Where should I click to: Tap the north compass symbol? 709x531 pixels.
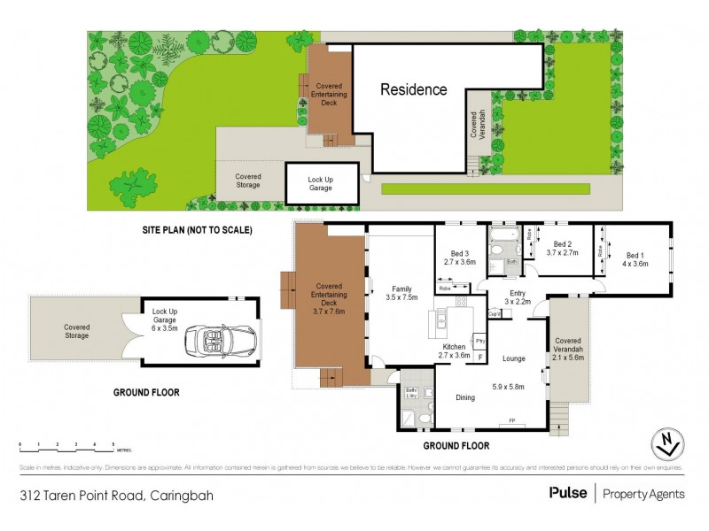click(x=668, y=442)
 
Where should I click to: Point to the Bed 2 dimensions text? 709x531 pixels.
click(x=562, y=252)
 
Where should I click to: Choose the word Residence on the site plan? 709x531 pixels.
click(x=414, y=89)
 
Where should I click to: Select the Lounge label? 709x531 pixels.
click(x=513, y=358)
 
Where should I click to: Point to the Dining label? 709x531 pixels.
click(x=466, y=397)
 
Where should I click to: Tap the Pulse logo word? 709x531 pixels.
click(x=568, y=493)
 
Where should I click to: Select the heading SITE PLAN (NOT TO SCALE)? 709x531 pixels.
click(x=198, y=230)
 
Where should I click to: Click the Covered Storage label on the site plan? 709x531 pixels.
click(x=248, y=181)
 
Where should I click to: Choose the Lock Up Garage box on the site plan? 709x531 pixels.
click(x=321, y=184)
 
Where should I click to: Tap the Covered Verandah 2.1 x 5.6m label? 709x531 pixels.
click(x=568, y=350)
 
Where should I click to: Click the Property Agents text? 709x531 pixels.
click(x=643, y=494)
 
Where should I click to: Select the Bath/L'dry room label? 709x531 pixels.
click(x=411, y=392)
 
